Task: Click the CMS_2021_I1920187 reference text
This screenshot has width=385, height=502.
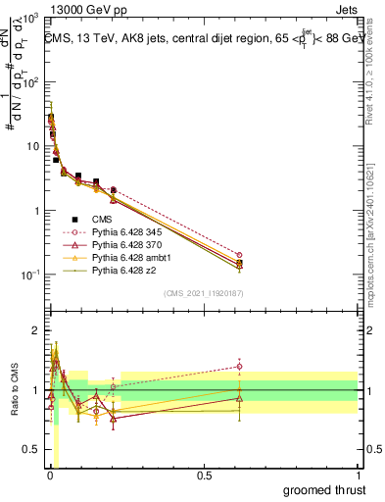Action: (x=203, y=293)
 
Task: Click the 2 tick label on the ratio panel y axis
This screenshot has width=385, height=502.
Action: (x=35, y=330)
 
